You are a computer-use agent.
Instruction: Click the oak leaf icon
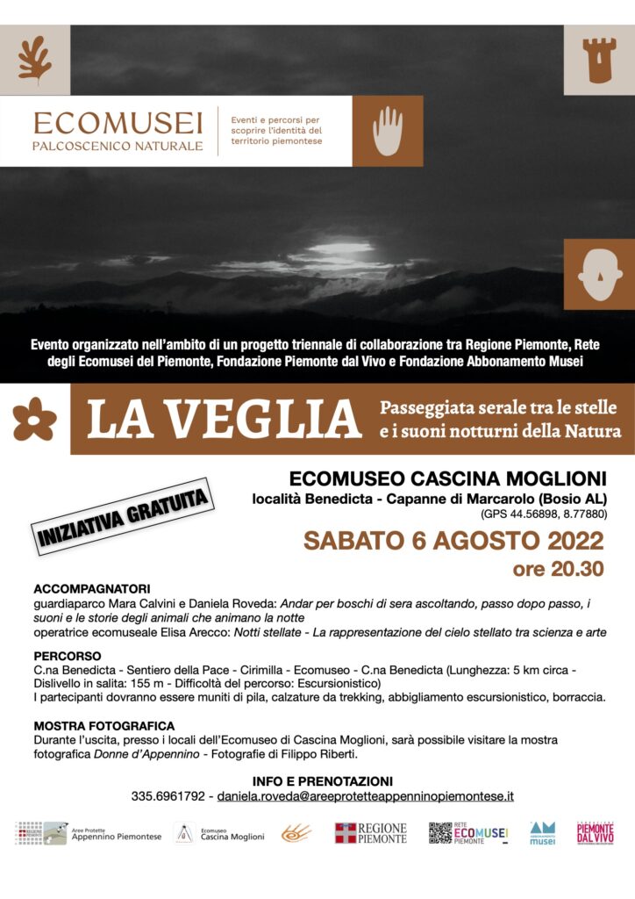pyautogui.click(x=35, y=60)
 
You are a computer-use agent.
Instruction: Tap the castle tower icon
pyautogui.click(x=599, y=60)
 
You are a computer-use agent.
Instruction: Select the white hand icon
pyautogui.click(x=387, y=131)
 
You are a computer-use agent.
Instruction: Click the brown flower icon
pyautogui.click(x=34, y=419)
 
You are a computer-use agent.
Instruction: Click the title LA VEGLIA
pyautogui.click(x=224, y=420)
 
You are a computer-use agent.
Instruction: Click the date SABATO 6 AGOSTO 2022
pyautogui.click(x=453, y=540)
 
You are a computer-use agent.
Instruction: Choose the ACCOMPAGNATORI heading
pyautogui.click(x=92, y=588)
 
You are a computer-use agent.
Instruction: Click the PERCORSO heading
pyautogui.click(x=68, y=656)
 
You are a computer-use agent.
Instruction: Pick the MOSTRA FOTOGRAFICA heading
pyautogui.click(x=104, y=726)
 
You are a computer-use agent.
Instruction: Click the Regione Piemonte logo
pyautogui.click(x=371, y=833)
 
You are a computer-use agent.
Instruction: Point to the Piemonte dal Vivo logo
pyautogui.click(x=595, y=833)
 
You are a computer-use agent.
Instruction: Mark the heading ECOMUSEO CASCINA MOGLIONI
pyautogui.click(x=448, y=478)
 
